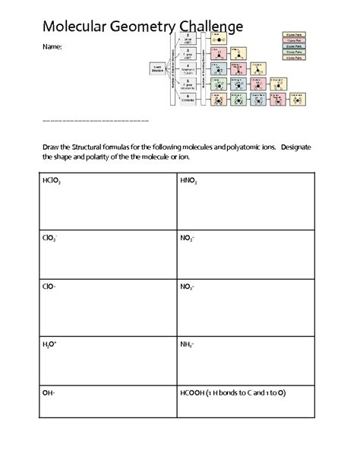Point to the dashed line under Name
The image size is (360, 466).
coord(94,121)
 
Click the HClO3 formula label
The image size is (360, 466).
coord(52,182)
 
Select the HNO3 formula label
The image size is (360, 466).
coord(188,182)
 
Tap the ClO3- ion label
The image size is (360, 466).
coord(50,237)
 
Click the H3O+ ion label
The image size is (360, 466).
coord(50,344)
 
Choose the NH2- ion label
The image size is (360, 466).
coord(187,344)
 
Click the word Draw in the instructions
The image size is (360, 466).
coord(51,146)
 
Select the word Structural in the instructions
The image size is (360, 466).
coord(99,146)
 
